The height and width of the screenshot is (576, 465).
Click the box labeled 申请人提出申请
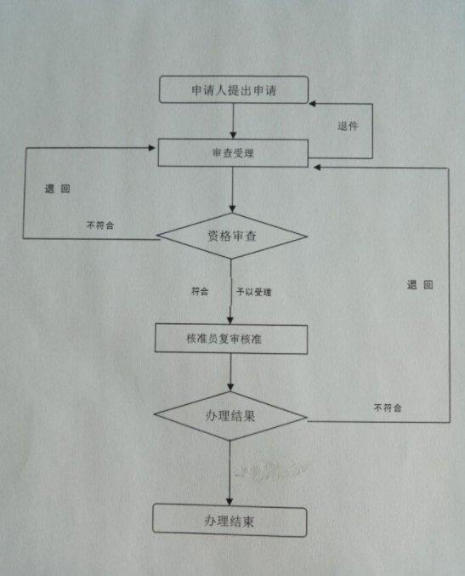[x=234, y=89]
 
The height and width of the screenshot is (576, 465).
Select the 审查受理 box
[x=233, y=153]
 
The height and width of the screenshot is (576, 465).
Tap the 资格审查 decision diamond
[x=232, y=236]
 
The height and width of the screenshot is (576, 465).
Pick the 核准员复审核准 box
[x=231, y=339]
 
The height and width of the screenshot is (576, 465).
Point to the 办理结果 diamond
[x=230, y=416]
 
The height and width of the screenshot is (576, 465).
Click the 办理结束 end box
[x=230, y=521]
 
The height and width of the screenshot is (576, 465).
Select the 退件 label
[x=348, y=127]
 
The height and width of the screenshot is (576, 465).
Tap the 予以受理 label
[x=254, y=292]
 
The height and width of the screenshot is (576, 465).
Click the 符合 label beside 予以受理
[x=200, y=291]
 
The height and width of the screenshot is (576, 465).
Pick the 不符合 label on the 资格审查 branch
[x=100, y=225]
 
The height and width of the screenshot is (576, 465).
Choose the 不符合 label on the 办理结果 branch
[x=388, y=408]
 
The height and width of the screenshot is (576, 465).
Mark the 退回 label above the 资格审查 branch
[x=57, y=189]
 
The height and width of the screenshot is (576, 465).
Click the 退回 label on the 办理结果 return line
[x=420, y=285]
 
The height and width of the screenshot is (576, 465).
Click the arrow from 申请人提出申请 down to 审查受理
[x=233, y=121]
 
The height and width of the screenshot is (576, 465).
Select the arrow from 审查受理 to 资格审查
[x=232, y=190]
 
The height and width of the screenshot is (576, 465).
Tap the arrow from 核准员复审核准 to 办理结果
[x=230, y=373]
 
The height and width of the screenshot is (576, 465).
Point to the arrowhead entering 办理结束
[x=230, y=501]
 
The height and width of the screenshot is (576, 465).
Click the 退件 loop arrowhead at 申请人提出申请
[x=312, y=104]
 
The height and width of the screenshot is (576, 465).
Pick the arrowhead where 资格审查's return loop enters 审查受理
[x=151, y=148]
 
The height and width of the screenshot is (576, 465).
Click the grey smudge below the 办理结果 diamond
[x=269, y=470]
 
